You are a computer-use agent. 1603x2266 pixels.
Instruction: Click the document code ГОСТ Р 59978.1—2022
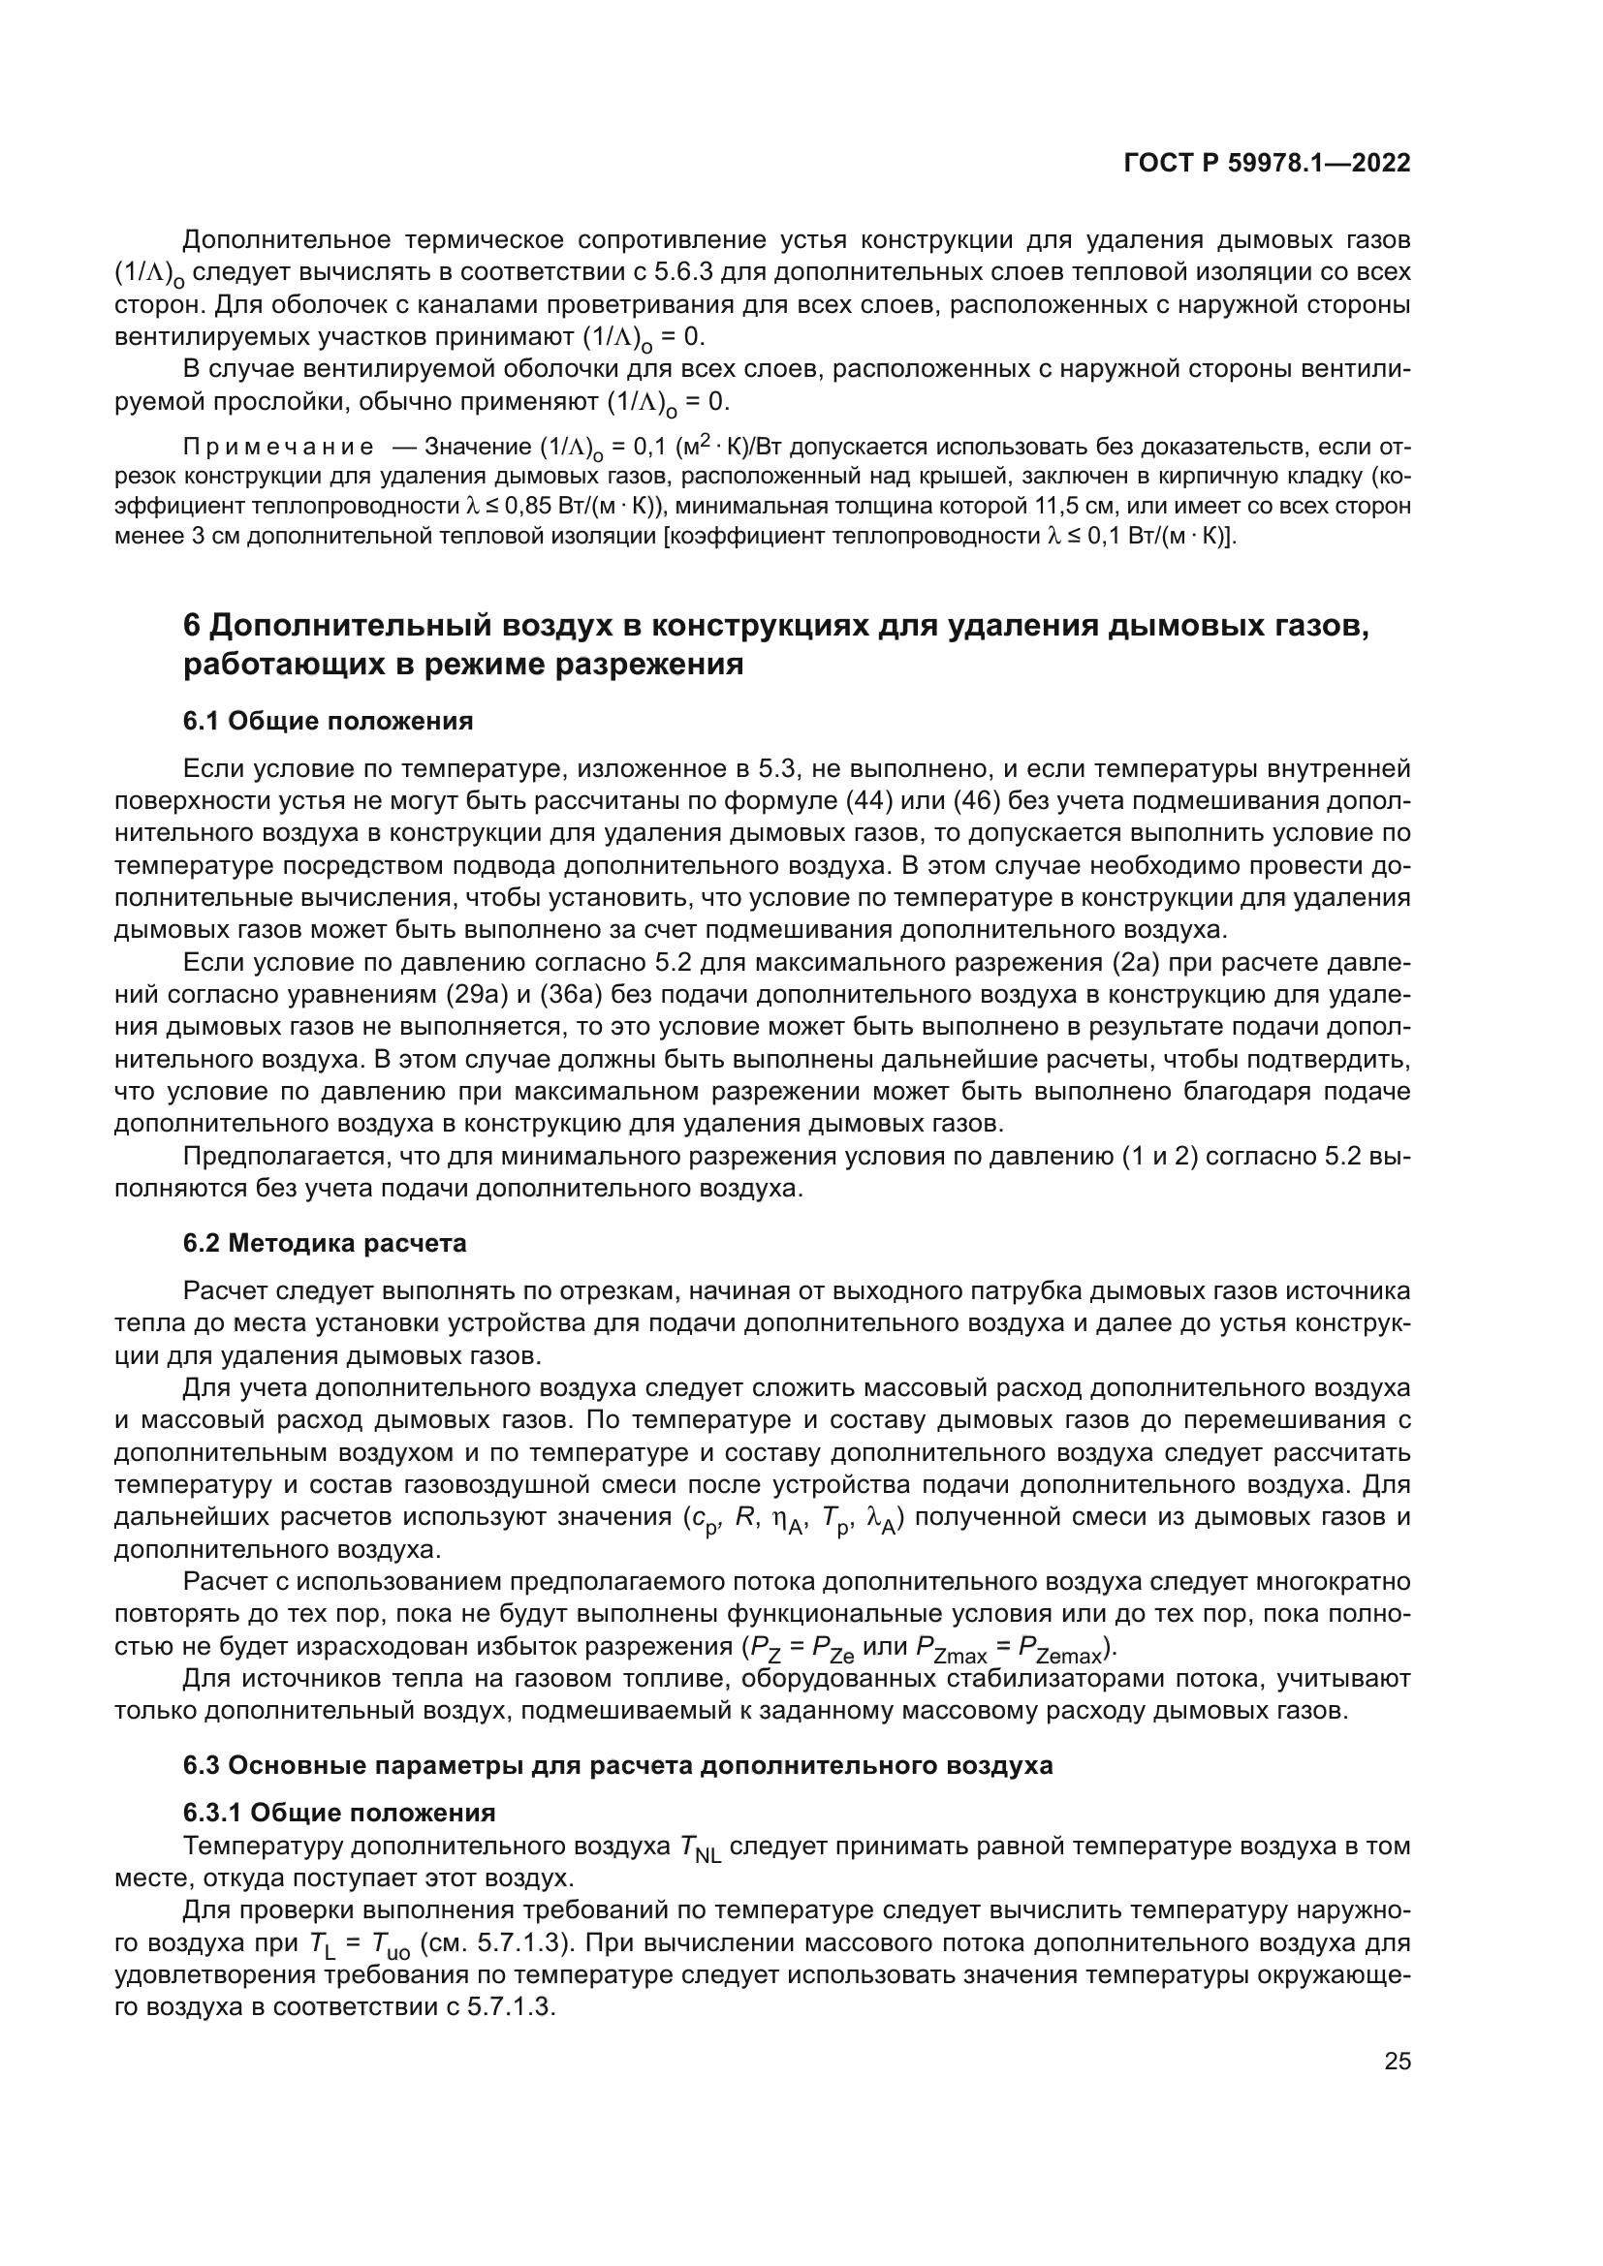click(x=1267, y=164)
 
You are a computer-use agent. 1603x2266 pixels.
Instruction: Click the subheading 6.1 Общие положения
click(x=328, y=721)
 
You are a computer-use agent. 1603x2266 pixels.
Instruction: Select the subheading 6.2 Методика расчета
click(x=325, y=1243)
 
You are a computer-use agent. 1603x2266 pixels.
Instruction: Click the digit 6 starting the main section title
click(x=194, y=626)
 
